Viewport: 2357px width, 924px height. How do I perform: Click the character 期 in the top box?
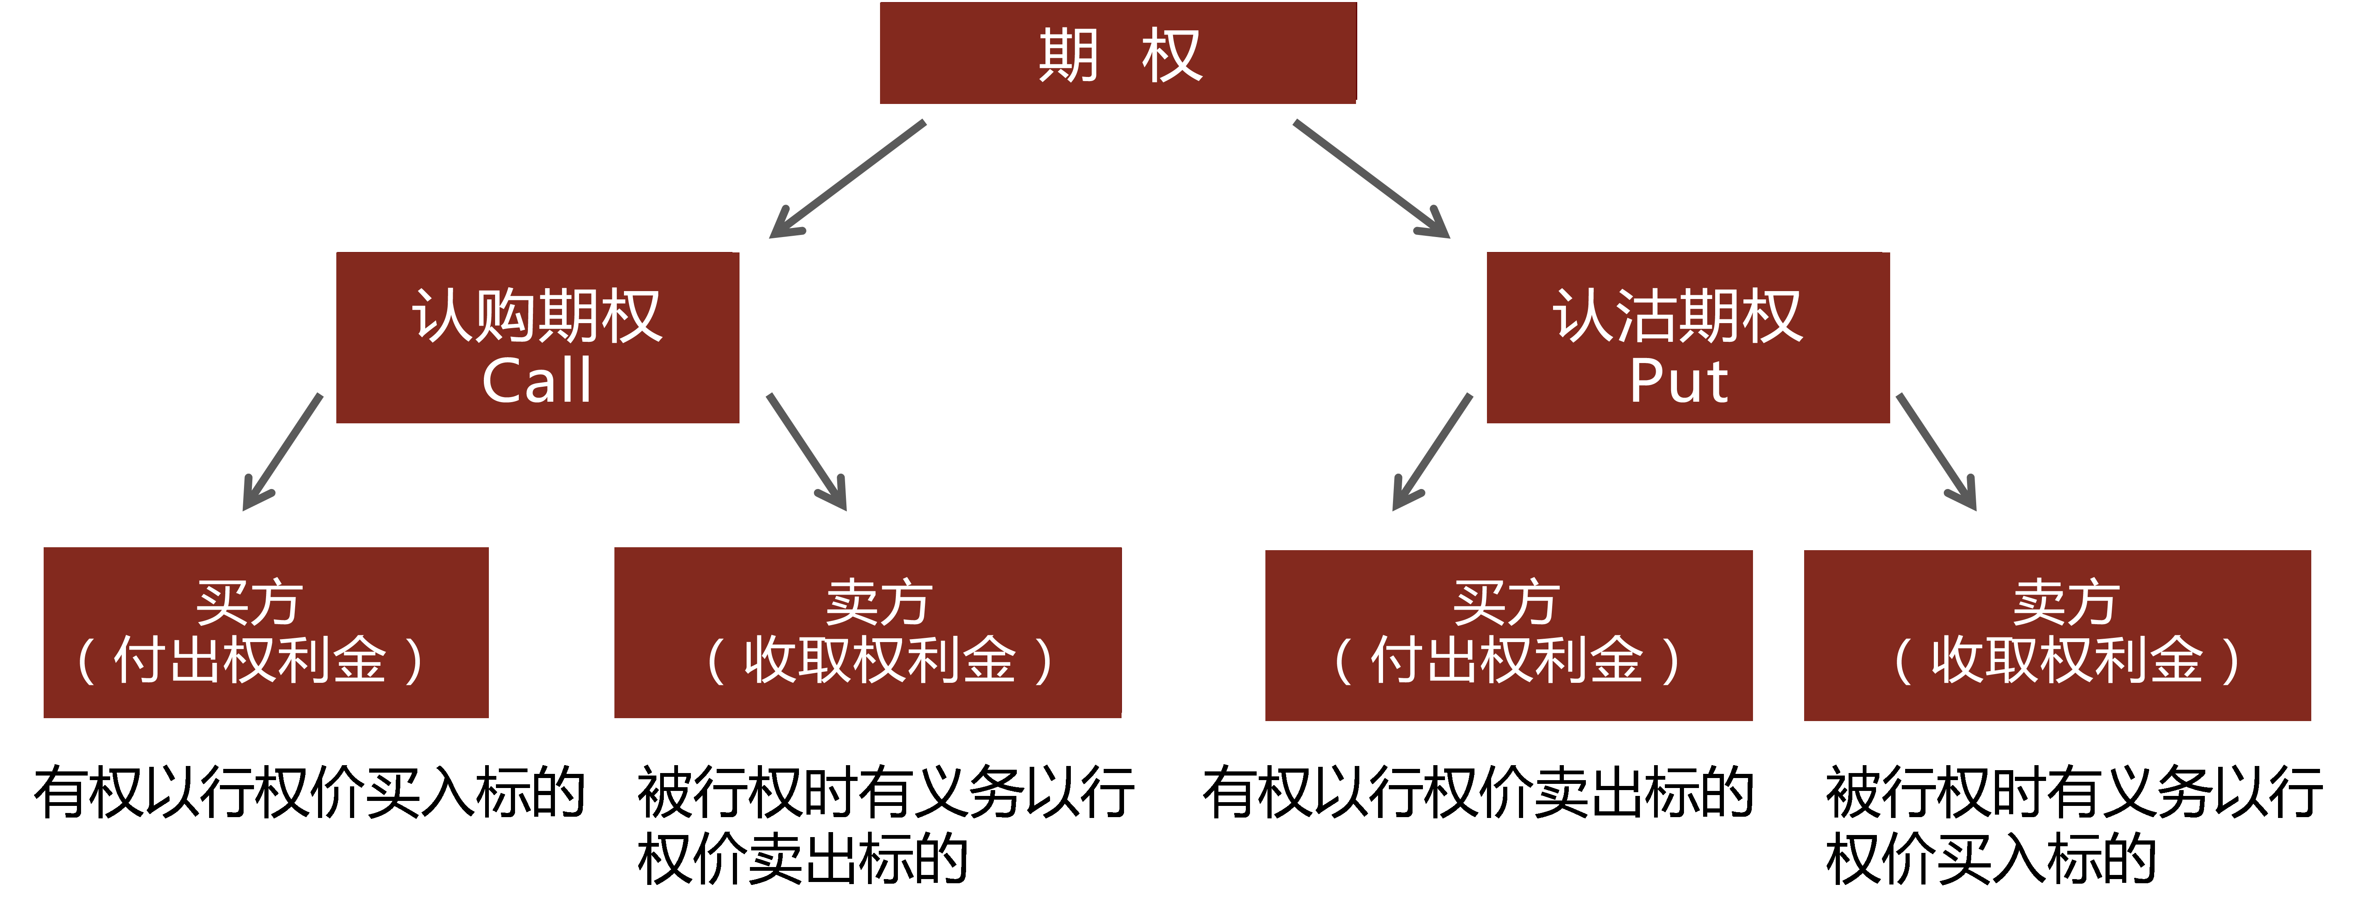1068,55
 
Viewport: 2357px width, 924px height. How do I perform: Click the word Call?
537,380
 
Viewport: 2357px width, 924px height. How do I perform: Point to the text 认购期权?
537,316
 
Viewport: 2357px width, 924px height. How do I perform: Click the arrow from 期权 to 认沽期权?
1371,178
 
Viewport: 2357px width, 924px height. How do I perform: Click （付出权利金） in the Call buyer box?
250,660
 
